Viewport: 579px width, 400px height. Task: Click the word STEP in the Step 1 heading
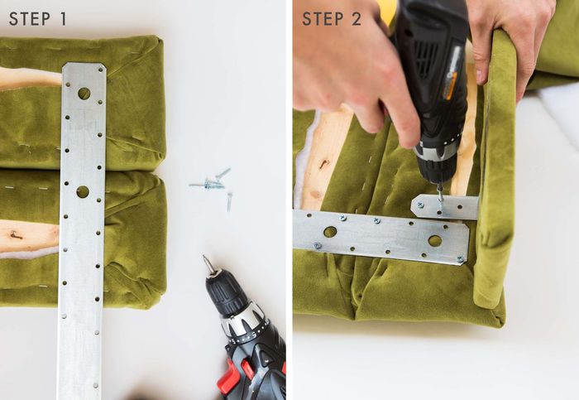[x=30, y=19]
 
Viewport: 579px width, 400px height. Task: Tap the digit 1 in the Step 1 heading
[x=63, y=19]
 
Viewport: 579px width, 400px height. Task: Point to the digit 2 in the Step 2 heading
[x=356, y=19]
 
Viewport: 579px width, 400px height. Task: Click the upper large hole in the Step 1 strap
[x=84, y=93]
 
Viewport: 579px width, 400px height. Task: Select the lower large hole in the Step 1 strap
[x=83, y=192]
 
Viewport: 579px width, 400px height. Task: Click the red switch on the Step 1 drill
[x=226, y=377]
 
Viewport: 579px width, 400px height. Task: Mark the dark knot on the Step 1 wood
[x=17, y=234]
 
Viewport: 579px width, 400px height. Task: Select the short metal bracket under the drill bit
[x=445, y=207]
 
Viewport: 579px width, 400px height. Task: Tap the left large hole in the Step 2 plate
[x=330, y=232]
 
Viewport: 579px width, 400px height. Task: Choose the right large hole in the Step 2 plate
[x=435, y=241]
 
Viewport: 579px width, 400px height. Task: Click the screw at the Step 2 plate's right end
[x=460, y=259]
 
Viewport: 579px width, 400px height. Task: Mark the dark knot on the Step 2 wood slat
[x=324, y=163]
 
